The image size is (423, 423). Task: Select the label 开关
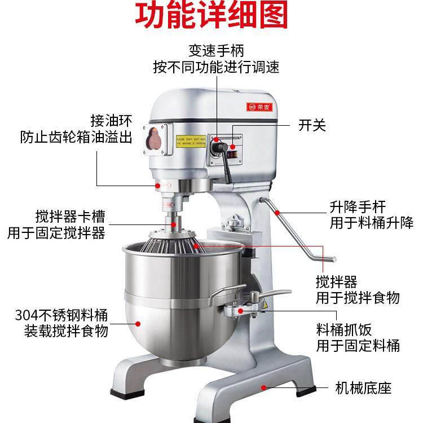coord(312,125)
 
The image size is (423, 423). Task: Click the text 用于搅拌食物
coord(358,297)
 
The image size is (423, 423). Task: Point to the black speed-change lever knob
coord(217,147)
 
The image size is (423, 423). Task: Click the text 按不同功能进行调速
coord(216,67)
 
